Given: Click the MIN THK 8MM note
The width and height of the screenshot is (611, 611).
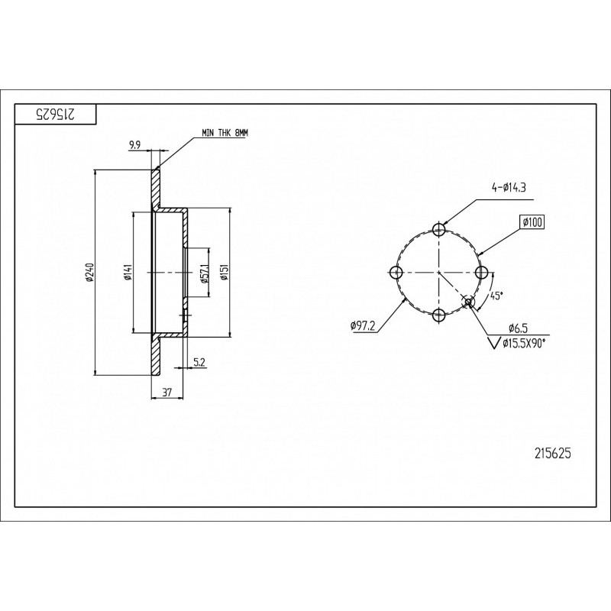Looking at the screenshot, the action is tap(225, 133).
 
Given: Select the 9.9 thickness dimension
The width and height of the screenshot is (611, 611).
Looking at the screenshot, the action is tap(134, 146).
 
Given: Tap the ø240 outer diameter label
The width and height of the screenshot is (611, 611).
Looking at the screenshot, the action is tap(90, 273).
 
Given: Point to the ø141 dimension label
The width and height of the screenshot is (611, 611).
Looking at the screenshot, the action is tap(127, 273).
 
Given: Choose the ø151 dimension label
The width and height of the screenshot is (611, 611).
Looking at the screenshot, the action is tap(223, 273).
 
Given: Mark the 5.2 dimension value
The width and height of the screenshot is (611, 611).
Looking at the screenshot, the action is tap(199, 362).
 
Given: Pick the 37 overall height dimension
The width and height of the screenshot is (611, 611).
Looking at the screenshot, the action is tap(166, 393).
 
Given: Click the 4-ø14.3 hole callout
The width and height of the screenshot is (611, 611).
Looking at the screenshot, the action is tap(508, 188).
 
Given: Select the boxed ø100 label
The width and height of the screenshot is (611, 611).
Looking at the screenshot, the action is tap(532, 222).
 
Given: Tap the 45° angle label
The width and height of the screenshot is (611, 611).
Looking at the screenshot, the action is tap(495, 296).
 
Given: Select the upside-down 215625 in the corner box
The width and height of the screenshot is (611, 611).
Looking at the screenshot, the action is tap(55, 114).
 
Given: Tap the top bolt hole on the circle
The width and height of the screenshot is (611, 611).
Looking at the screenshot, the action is tap(439, 229).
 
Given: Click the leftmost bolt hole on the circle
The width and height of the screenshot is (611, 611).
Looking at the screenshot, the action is tap(396, 272).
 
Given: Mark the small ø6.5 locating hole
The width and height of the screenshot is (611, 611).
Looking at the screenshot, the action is tap(469, 302).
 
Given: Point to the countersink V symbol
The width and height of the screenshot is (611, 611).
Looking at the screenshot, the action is tap(495, 343).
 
